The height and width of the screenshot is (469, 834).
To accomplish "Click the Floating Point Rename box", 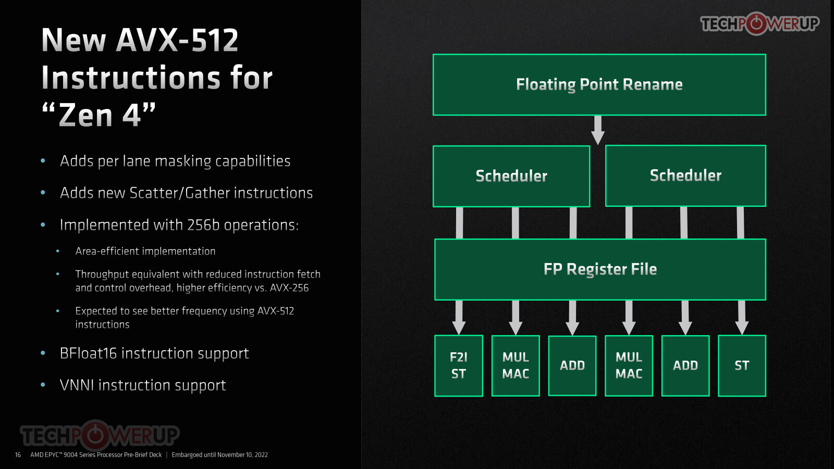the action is tap(599, 84).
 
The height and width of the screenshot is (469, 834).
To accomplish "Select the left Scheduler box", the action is tap(511, 176).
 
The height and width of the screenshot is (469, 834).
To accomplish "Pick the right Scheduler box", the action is tap(685, 176).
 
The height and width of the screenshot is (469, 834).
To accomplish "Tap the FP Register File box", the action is tap(600, 269).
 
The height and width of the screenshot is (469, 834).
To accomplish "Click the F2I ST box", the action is tap(459, 365).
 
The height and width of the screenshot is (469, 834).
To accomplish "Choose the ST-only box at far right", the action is tap(742, 365).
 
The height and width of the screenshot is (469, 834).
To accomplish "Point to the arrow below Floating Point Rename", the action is tap(598, 130).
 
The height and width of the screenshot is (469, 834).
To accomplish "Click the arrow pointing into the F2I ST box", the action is tap(459, 317).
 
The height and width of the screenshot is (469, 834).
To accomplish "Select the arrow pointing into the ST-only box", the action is tap(742, 317).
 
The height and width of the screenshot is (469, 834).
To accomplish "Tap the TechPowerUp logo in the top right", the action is tap(759, 23).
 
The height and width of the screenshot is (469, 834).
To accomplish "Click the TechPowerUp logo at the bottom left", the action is tap(100, 435).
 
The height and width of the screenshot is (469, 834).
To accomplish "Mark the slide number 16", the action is tap(18, 455).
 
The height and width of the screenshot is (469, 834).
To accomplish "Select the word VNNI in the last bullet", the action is tap(77, 385).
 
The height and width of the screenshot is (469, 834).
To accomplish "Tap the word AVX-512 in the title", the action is tap(177, 40).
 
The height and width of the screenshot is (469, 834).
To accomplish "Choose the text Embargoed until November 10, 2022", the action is tap(219, 455).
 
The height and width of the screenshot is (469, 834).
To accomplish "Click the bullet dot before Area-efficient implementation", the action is tap(58, 251).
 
